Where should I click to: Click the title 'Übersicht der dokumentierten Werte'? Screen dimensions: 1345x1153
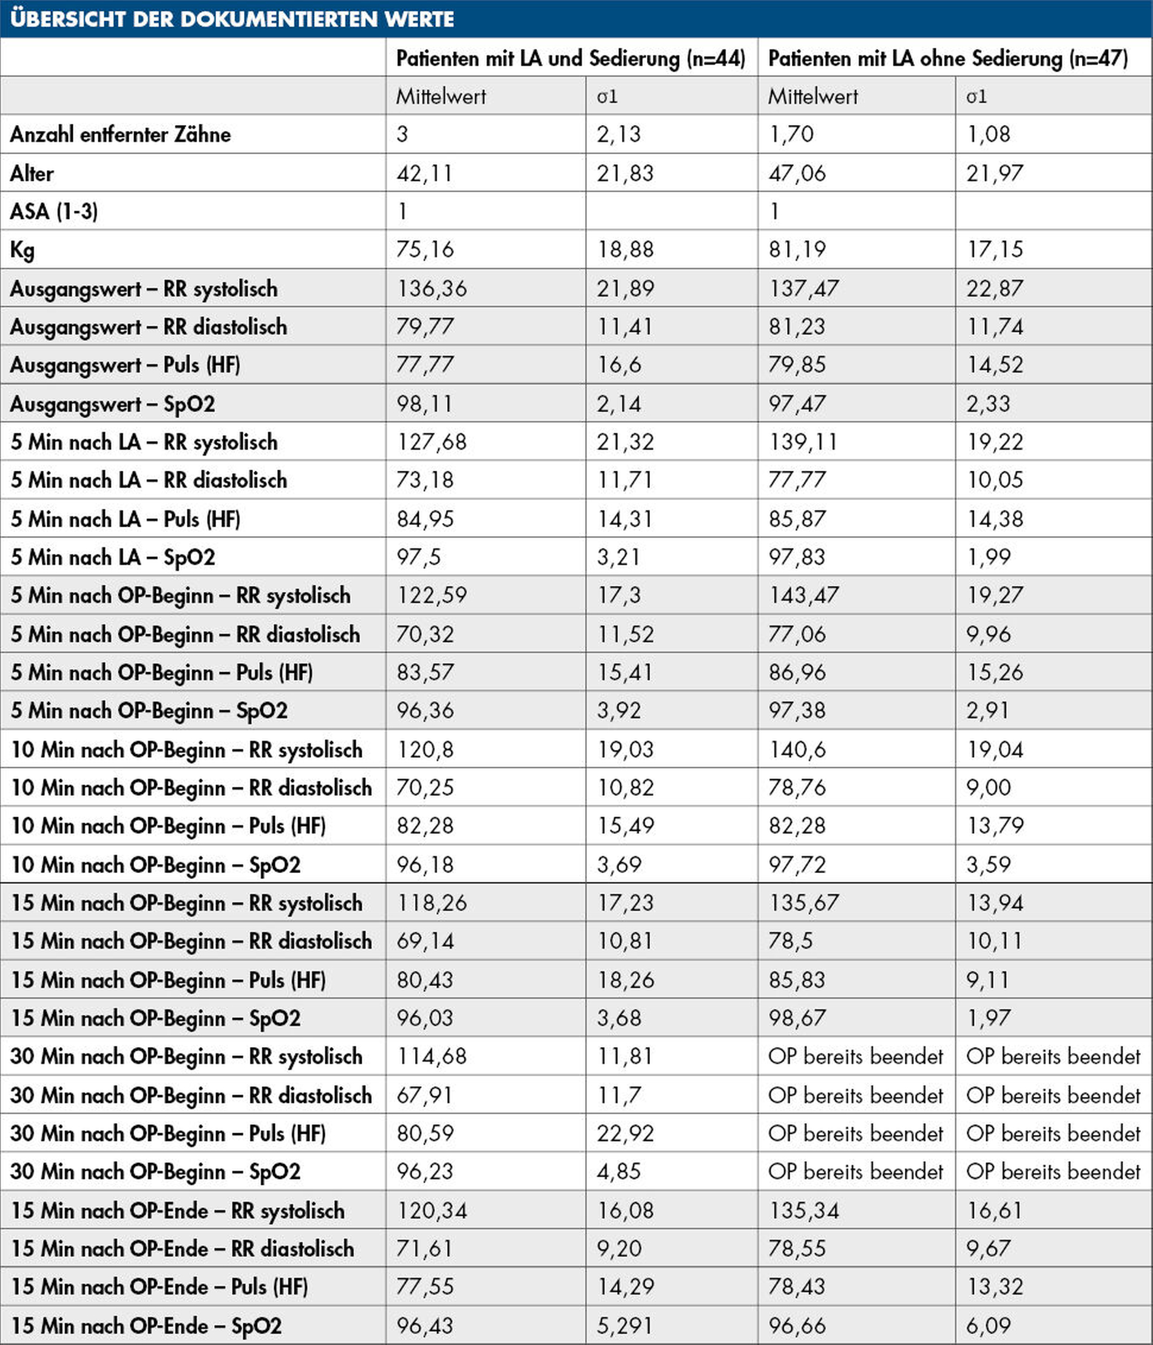(x=232, y=19)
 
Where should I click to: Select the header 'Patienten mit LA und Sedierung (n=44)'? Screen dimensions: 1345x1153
(x=570, y=58)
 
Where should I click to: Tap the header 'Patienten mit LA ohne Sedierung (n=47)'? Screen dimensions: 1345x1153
(x=947, y=58)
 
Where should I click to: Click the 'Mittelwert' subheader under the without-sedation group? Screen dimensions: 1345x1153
(x=812, y=96)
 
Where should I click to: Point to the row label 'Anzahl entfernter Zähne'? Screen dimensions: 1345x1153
(x=120, y=134)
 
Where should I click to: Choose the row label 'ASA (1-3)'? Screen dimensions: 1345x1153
(x=54, y=211)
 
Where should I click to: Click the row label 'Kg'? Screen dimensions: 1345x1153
(x=22, y=250)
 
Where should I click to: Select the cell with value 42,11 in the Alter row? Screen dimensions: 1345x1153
(x=425, y=174)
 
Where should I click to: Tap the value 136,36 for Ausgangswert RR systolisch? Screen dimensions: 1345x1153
(x=431, y=288)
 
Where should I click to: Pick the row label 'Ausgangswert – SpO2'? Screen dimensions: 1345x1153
(x=112, y=404)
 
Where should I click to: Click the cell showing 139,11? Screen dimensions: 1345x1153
(x=803, y=442)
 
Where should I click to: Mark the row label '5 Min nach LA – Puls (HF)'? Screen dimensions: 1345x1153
(x=125, y=519)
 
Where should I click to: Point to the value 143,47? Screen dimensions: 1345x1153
(x=803, y=595)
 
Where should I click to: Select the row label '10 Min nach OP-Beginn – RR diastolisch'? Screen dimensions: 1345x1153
(x=192, y=787)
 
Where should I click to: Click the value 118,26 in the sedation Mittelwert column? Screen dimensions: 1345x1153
(x=431, y=903)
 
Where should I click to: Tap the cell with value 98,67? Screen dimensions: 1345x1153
(x=797, y=1018)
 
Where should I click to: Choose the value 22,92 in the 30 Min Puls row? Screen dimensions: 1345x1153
(x=625, y=1133)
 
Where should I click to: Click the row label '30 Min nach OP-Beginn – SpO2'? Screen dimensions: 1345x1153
(x=155, y=1171)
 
